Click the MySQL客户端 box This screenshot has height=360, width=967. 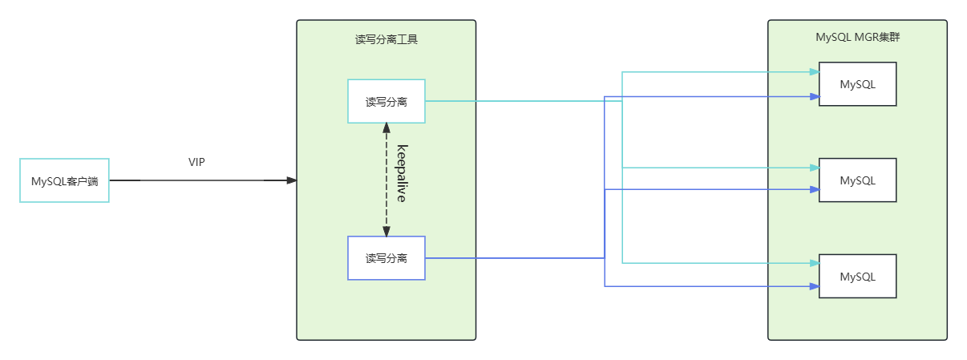click(x=64, y=180)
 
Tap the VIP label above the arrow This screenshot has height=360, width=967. click(x=196, y=162)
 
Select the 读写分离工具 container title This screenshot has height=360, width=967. click(x=386, y=38)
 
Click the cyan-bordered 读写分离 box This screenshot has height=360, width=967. click(x=386, y=101)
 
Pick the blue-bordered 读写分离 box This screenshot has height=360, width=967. click(x=386, y=258)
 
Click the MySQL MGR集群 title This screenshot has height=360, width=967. click(x=857, y=36)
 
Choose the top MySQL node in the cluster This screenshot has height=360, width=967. click(x=857, y=84)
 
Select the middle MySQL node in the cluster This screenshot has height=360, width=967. click(x=857, y=180)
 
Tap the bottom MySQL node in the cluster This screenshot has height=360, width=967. click(x=857, y=277)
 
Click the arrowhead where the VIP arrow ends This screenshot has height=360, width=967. click(x=292, y=180)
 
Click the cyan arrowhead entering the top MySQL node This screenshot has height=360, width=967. click(x=814, y=71)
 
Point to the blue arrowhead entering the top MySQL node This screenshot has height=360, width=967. click(x=814, y=96)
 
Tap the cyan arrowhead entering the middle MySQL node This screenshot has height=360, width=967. click(x=814, y=168)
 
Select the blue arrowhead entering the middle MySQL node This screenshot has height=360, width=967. click(x=814, y=189)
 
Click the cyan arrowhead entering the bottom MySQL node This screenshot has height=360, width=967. click(x=814, y=263)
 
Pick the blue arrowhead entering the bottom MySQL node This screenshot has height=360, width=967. click(x=814, y=286)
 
